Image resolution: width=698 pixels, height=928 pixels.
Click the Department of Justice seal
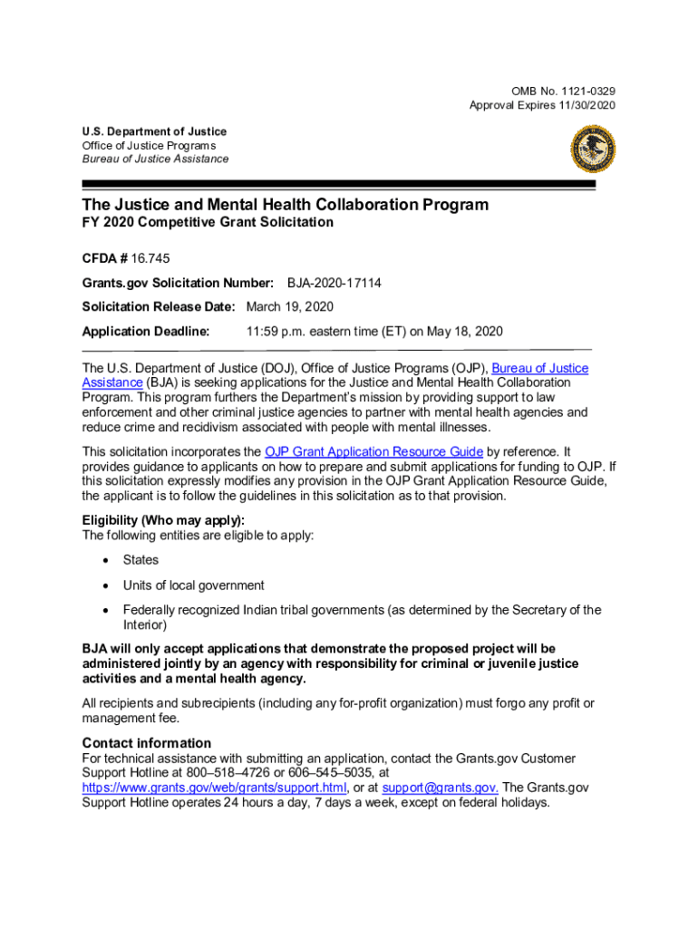593,149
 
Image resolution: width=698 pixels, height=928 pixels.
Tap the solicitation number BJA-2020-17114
334,284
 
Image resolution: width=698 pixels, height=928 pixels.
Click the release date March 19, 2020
290,307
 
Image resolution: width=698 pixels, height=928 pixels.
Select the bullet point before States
105,561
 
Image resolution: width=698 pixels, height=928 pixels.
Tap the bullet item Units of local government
194,585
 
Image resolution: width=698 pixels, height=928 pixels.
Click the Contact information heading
146,743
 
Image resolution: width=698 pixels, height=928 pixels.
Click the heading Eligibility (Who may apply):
163,520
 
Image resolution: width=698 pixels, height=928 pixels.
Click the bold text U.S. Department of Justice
154,131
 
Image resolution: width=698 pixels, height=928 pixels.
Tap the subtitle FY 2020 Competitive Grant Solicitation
208,223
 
